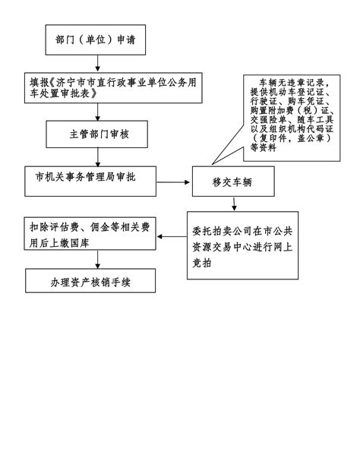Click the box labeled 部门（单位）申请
[96, 39]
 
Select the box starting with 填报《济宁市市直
[113, 88]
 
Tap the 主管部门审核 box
[96, 134]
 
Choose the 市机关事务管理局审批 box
[90, 181]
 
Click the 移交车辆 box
[233, 181]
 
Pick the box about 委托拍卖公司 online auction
[242, 245]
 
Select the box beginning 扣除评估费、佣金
[90, 234]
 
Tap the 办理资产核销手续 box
[90, 281]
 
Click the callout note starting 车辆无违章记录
[292, 118]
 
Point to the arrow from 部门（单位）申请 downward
[97, 63]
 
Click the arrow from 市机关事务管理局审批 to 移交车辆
[173, 182]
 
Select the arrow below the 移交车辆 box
[234, 204]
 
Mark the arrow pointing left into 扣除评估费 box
[172, 237]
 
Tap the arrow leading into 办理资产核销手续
[97, 259]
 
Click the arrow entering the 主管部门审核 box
[97, 112]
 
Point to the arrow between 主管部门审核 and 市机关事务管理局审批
[98, 157]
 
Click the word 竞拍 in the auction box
[202, 263]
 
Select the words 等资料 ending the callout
[263, 147]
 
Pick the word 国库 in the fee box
[80, 243]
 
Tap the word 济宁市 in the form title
[71, 83]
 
